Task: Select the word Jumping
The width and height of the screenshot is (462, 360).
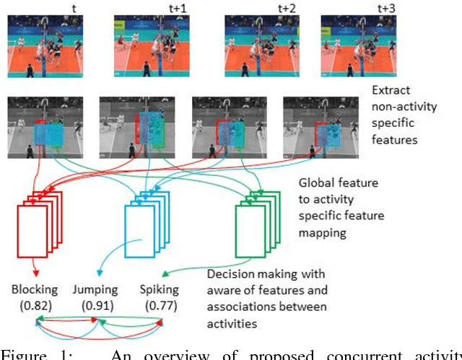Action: click(x=95, y=289)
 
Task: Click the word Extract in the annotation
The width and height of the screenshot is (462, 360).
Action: click(x=391, y=92)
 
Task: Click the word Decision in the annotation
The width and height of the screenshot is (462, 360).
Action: click(x=230, y=274)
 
